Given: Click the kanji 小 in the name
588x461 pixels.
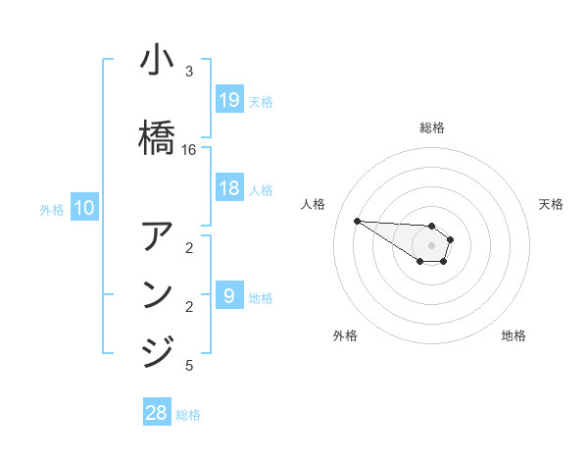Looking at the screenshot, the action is (157, 62).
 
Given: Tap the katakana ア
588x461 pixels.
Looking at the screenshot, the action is (157, 235).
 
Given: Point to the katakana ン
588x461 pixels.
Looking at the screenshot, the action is (157, 294).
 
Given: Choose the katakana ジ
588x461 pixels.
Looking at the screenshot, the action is (157, 350).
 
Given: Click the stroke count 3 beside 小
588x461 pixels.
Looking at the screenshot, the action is (189, 73).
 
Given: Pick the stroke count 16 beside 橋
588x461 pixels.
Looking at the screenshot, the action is (189, 150).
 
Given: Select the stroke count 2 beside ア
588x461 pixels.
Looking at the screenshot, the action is (189, 248).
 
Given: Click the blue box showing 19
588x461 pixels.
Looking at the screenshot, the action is (228, 100).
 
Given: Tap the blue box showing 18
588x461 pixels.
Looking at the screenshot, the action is (228, 188).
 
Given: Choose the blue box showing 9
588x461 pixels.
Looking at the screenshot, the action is (228, 295).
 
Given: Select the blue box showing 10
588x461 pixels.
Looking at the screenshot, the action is (83, 208).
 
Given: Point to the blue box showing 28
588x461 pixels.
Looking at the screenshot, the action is (157, 413).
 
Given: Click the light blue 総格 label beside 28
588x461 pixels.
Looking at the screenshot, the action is (188, 415).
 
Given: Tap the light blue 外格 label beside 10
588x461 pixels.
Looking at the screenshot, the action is (52, 209).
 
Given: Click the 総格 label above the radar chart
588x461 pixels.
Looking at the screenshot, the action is (431, 128).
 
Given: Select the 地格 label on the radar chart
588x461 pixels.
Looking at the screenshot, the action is (514, 335).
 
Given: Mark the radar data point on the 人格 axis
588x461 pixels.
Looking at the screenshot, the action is (357, 221).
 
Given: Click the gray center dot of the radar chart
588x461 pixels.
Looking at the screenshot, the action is (431, 244).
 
